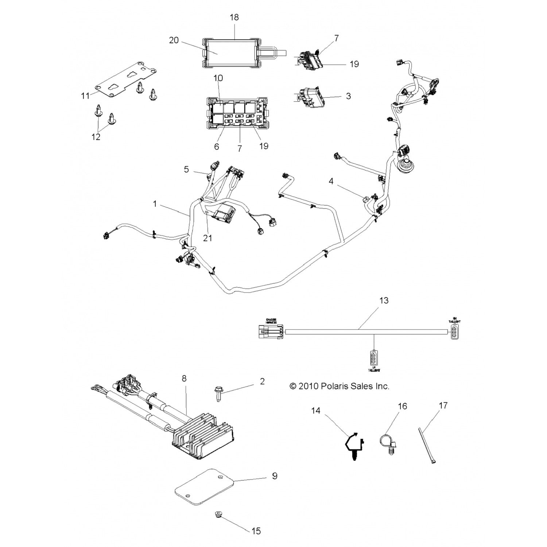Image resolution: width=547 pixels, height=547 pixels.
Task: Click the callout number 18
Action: (x=234, y=18)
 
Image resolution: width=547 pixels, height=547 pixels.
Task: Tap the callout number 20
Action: (x=174, y=40)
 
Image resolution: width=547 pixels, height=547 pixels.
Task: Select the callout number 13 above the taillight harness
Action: (x=384, y=300)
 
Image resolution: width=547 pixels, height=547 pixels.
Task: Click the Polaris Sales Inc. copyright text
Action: (x=339, y=386)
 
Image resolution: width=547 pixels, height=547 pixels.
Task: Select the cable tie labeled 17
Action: (x=426, y=445)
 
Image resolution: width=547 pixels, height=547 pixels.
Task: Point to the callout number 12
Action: (x=96, y=137)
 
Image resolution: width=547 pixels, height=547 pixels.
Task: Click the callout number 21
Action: (x=207, y=238)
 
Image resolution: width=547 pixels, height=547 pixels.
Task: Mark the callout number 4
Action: (x=331, y=181)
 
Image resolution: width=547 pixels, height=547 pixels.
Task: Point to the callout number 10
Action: (x=218, y=78)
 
